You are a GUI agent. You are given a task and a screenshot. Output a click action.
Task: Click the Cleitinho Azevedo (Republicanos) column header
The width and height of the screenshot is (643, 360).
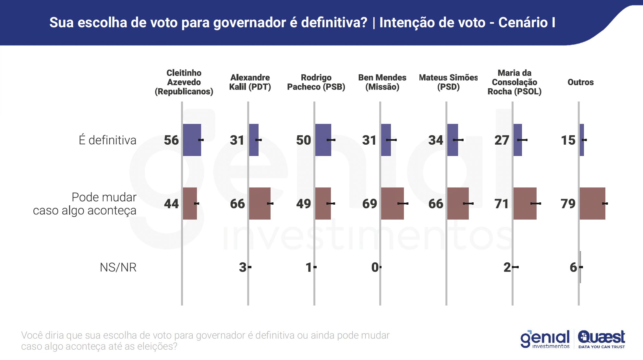(184, 82)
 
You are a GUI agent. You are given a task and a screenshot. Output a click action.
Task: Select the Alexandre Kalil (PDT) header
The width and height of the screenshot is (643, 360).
(250, 82)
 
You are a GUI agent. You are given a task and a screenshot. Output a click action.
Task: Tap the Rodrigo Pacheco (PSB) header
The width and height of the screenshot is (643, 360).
(316, 82)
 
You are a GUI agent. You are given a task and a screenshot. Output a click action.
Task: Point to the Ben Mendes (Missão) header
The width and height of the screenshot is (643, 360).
(382, 82)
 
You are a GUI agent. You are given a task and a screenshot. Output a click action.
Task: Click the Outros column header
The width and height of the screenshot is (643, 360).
(580, 82)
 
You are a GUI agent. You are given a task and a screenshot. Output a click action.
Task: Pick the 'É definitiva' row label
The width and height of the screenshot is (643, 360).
(107, 140)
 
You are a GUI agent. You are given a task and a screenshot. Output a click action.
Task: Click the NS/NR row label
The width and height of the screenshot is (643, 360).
(118, 267)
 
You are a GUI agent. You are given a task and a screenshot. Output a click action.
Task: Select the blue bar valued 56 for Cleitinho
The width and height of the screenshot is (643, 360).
(192, 140)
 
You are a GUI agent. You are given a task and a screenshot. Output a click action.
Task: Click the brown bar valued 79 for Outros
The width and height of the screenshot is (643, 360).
(592, 203)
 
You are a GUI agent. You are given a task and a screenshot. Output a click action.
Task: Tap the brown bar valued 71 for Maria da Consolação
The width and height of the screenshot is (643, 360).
(525, 203)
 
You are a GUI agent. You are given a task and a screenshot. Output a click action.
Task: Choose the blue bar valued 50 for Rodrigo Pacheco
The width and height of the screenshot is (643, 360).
(323, 140)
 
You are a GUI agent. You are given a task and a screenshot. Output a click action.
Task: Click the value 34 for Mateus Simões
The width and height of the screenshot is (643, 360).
(436, 140)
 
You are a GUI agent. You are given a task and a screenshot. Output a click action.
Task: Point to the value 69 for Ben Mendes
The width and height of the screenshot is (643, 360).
(370, 204)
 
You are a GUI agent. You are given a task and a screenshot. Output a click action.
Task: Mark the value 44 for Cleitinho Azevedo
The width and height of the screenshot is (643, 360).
(171, 204)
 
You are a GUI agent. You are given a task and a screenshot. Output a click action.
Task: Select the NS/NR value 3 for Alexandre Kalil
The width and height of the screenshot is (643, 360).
(243, 267)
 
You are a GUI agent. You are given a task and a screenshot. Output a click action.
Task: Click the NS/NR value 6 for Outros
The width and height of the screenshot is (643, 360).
(573, 267)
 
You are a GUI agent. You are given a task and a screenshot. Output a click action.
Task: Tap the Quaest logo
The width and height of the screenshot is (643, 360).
(601, 339)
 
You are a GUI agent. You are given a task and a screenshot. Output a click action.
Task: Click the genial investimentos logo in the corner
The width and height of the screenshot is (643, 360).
(545, 339)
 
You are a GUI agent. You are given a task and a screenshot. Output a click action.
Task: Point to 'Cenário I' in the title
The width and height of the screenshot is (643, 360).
(527, 22)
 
